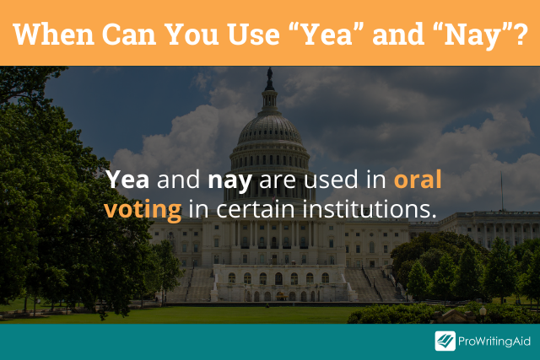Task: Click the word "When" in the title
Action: point(54,34)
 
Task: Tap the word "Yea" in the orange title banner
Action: point(327,34)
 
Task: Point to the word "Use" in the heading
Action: point(253,34)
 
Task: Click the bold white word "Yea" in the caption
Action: point(127,180)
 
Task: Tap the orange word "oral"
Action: point(418,179)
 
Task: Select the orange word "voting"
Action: point(143,210)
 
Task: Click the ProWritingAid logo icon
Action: point(445,341)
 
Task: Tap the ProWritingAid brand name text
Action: point(494,341)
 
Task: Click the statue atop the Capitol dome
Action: point(270,73)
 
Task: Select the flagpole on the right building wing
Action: point(501,191)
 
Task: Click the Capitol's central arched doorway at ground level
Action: point(278,278)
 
